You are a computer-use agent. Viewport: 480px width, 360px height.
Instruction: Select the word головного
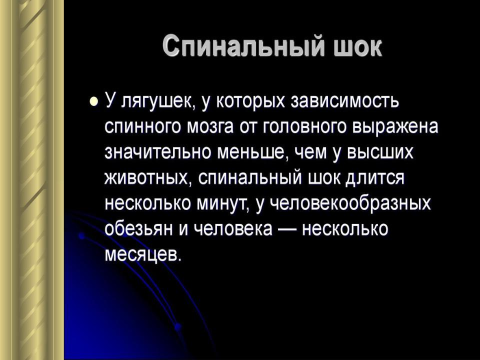tap(304, 126)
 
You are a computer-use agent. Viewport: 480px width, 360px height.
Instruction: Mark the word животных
tap(147, 178)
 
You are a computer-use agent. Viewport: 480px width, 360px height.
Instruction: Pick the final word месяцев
tap(143, 254)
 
